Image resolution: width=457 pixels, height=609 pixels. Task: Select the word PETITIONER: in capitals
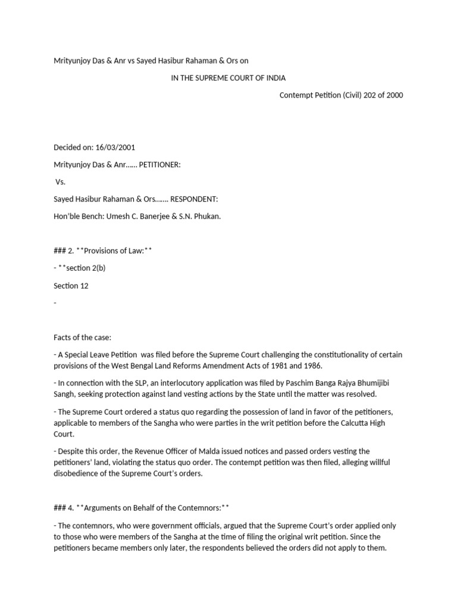coord(159,165)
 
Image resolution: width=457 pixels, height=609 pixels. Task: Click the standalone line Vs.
coord(60,182)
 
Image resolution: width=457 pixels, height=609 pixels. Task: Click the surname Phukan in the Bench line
coord(207,216)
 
